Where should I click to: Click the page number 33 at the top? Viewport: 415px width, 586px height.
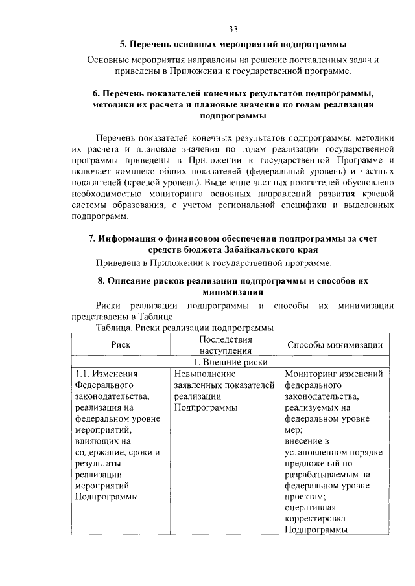coord(233,29)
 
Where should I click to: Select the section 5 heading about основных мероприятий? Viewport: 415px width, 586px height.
coord(233,45)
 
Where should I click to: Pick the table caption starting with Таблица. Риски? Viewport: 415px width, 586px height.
coord(184,328)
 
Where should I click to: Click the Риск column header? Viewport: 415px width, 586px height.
coord(121,344)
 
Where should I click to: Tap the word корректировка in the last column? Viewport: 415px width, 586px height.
coord(314,519)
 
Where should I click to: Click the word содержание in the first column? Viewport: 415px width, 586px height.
coord(101,452)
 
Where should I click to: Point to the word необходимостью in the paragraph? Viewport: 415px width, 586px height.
coord(108,193)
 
